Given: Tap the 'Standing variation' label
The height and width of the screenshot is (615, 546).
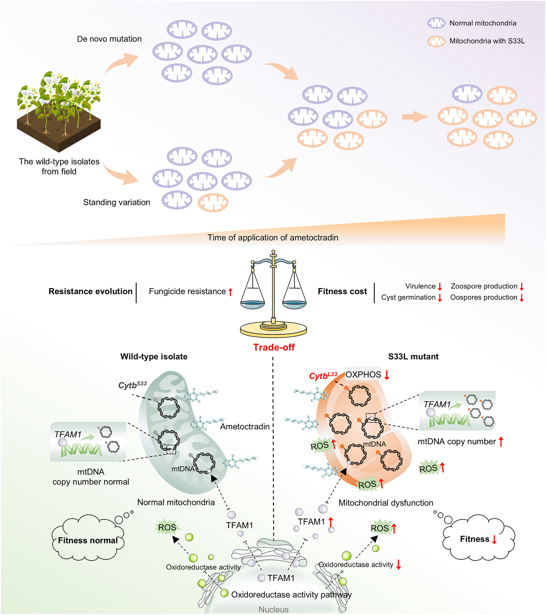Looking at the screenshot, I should click(116, 202).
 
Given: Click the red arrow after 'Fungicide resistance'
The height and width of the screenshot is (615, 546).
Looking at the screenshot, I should click(230, 292).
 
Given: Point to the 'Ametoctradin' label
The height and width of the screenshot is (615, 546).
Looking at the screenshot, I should click(244, 427).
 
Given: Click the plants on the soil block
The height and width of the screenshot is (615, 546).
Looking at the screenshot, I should click(59, 96).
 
